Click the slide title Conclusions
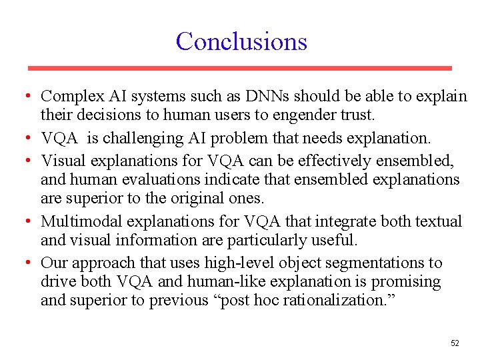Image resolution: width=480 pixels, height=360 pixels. tap(241, 41)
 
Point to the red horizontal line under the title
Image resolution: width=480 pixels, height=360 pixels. tap(239, 68)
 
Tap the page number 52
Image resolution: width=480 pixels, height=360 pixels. tap(455, 343)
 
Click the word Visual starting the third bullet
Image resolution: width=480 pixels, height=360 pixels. tap(61, 161)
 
